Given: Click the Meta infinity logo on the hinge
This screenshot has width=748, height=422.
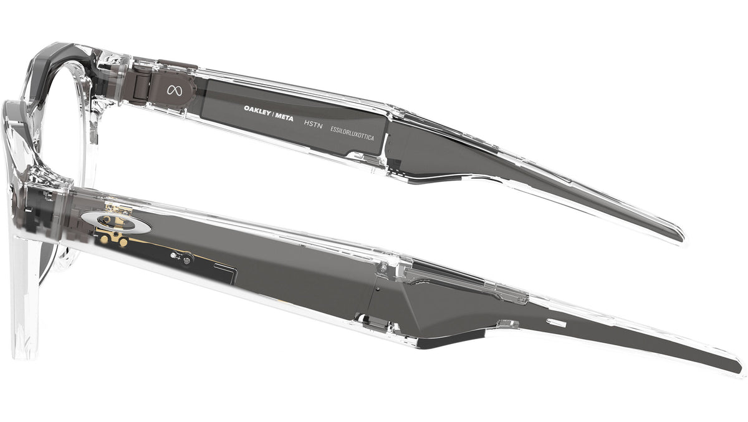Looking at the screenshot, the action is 175,90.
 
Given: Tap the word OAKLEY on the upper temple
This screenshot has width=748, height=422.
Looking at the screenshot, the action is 257,110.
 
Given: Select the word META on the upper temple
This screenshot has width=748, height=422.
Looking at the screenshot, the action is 284,117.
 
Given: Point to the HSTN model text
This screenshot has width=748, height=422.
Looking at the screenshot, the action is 313,125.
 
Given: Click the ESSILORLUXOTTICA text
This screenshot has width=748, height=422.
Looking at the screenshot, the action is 352,133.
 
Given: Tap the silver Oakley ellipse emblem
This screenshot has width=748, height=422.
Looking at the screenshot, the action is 116,222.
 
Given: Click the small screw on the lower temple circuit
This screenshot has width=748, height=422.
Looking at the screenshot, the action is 186,259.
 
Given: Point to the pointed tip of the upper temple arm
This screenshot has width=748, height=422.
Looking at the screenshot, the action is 681,239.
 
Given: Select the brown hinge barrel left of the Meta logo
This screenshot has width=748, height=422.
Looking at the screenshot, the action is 140,85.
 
